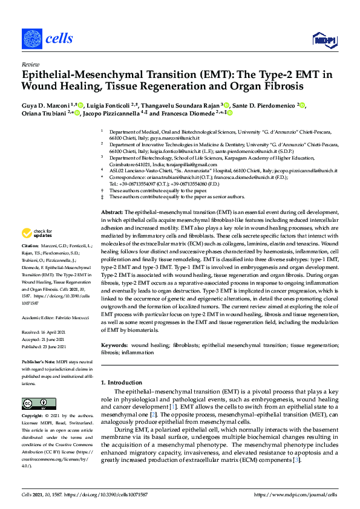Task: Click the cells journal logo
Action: pos(48,39)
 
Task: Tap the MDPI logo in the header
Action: pos(324,40)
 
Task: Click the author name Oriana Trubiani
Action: pos(46,113)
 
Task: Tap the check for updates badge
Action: pos(37,233)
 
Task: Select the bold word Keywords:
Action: pos(114,345)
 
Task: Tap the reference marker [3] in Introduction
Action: pos(296,460)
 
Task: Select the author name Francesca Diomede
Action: pos(188,113)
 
